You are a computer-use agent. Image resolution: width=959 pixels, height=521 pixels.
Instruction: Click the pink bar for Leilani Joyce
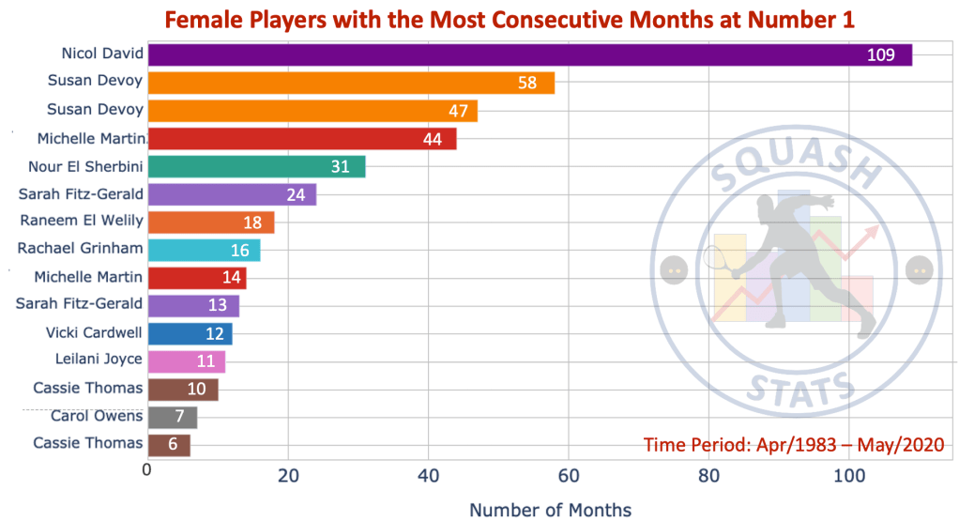click(x=187, y=360)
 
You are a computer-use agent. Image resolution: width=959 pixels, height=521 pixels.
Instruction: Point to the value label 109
click(x=880, y=55)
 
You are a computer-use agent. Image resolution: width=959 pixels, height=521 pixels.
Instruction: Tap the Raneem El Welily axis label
click(x=82, y=222)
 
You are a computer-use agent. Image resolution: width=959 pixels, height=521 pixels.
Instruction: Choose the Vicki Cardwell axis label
click(x=94, y=332)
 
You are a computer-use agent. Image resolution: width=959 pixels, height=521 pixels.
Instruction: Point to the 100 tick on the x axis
click(x=848, y=475)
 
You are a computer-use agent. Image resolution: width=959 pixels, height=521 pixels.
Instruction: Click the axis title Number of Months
click(x=550, y=510)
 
